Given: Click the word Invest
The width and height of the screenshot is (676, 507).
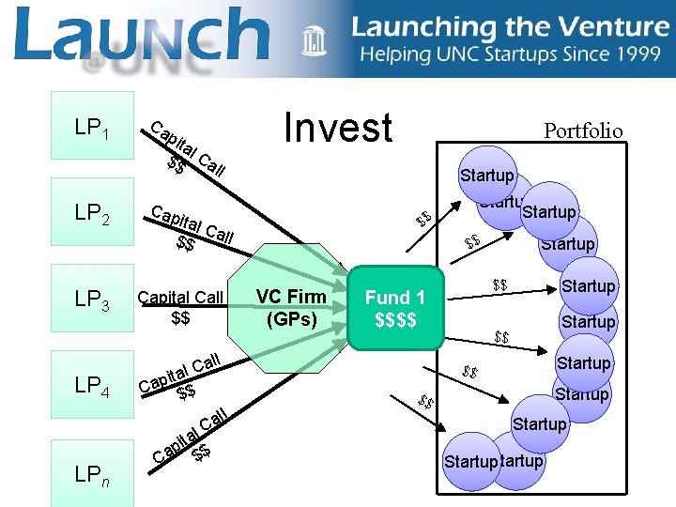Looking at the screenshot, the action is [338, 129].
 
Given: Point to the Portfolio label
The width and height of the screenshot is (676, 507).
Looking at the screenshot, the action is [583, 131].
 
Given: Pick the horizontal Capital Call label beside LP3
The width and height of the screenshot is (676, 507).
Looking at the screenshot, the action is [180, 298].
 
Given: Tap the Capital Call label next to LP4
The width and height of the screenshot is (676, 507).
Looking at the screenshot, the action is [179, 374].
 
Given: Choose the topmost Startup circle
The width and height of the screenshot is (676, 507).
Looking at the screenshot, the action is [486, 175].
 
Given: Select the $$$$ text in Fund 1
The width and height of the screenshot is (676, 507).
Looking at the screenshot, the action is [395, 320].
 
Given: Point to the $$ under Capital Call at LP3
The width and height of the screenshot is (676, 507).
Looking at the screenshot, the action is [181, 318].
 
